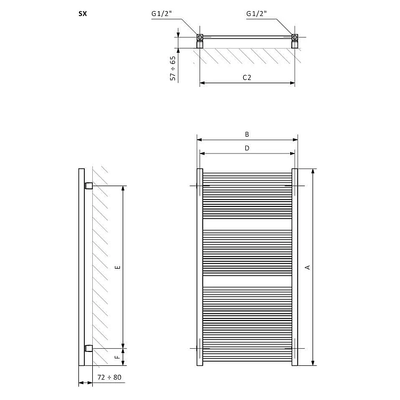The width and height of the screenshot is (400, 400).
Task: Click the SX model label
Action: coord(83,14)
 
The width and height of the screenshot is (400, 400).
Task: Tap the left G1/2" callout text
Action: coord(162,13)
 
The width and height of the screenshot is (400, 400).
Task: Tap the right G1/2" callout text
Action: coord(257,13)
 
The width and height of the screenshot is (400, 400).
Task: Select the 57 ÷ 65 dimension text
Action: coord(173,68)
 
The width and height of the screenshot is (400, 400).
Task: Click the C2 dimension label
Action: coord(247,77)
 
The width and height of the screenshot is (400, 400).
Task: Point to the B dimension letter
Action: coord(247,134)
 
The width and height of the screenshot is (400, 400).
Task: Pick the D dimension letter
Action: coord(247,148)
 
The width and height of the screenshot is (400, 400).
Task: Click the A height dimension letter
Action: coord(308,267)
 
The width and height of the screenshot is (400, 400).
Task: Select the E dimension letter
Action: coord(118,267)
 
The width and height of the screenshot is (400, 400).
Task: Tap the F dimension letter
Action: coord(117,357)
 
